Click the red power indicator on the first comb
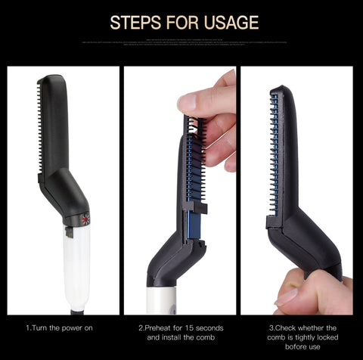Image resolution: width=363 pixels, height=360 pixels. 85,220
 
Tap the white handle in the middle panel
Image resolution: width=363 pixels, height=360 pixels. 163,299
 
